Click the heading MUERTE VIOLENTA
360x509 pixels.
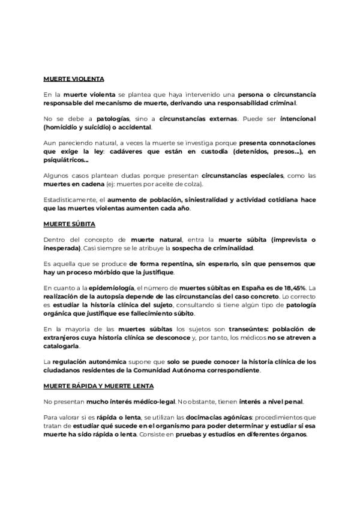pyautogui.click(x=74, y=79)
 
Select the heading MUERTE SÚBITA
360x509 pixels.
pyautogui.click(x=69, y=224)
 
